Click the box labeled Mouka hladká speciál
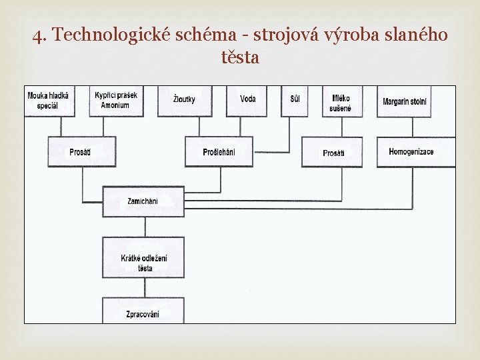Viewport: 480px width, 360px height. pos(47,101)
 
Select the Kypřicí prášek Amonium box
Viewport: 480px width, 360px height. pos(115,101)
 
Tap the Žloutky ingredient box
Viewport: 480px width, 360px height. pos(185,101)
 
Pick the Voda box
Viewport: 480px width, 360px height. pos(247,101)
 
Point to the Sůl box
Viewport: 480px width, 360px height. pos(295,101)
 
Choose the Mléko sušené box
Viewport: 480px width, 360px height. pos(342,101)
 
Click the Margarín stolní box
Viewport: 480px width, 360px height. pos(405,101)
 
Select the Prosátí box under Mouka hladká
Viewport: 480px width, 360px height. pos(81,152)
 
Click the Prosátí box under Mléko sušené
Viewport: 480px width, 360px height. pos(333,153)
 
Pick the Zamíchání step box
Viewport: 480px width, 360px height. pos(143,200)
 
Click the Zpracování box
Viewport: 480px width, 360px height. pos(143,311)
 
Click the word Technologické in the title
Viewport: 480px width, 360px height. pos(109,35)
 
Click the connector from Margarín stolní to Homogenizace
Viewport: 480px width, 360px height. pos(412,127)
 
